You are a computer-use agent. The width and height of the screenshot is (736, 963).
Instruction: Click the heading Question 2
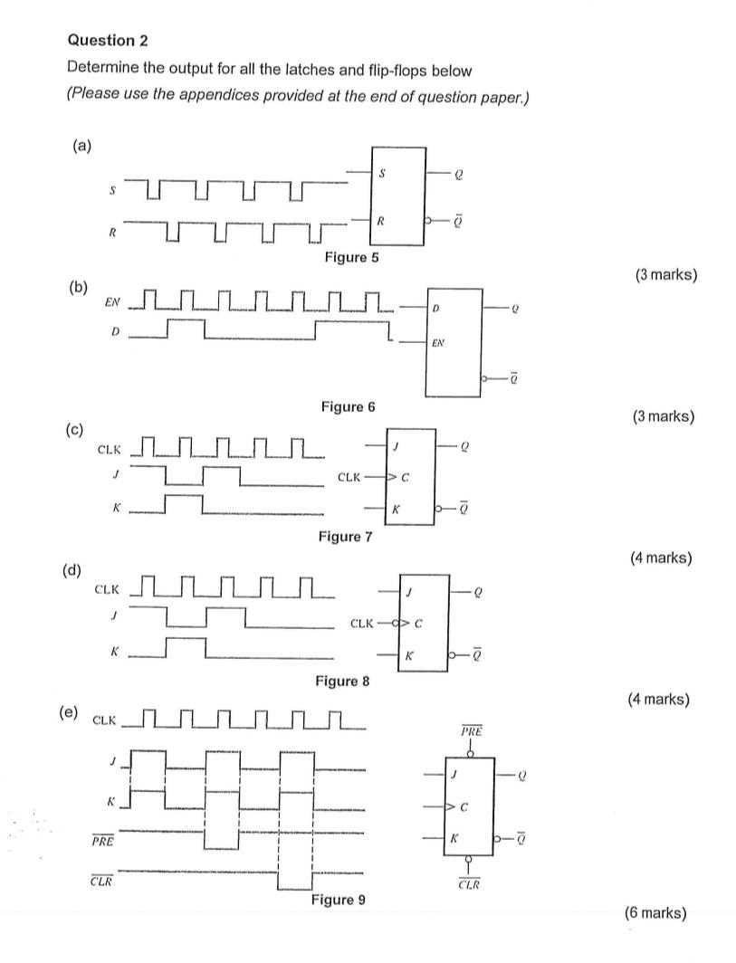[108, 41]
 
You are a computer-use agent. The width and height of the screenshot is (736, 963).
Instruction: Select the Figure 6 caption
[348, 407]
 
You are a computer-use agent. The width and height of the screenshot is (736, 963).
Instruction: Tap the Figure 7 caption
[345, 537]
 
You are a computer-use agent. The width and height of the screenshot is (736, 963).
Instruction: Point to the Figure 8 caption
[342, 681]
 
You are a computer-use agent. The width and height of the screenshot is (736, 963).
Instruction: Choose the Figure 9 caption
[339, 900]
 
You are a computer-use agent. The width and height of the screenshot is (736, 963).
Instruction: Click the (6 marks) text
[655, 912]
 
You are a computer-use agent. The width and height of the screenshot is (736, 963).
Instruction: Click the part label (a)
[82, 145]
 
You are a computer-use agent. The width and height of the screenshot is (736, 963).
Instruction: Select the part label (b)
[79, 288]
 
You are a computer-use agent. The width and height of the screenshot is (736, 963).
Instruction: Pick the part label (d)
[72, 570]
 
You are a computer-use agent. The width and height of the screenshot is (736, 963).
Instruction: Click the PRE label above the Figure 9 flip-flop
[471, 729]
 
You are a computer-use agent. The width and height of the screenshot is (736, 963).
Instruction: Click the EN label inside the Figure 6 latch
[438, 343]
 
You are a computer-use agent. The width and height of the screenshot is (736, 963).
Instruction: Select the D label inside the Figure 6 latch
[435, 310]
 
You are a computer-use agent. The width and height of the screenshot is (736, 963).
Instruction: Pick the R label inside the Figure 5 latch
[382, 219]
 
